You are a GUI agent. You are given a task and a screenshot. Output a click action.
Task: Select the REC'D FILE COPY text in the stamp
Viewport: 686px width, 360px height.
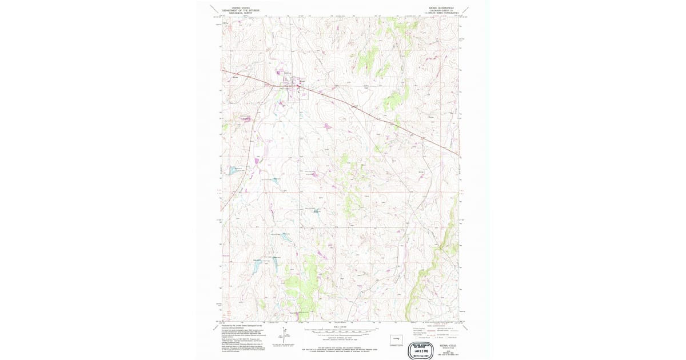click(x=420, y=355)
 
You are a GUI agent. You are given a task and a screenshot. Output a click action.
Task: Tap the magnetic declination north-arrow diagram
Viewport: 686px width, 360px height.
click(x=284, y=337)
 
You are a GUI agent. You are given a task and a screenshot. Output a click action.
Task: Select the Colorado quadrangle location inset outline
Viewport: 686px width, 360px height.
click(x=396, y=337)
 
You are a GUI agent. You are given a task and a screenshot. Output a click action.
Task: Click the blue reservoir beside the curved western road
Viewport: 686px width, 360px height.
click(x=234, y=170)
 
